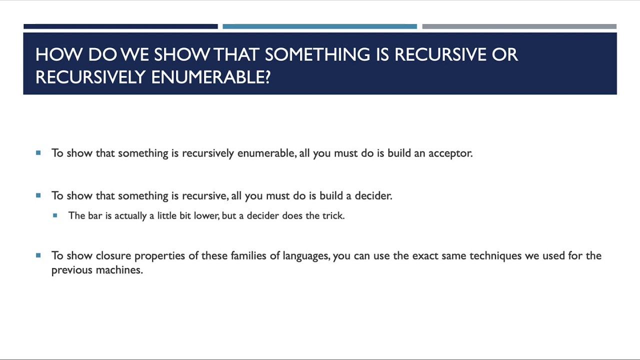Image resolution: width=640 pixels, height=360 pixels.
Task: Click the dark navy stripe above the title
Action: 120,26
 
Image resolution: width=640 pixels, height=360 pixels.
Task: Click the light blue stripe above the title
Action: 319,26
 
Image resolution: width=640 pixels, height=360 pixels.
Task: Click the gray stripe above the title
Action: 519,26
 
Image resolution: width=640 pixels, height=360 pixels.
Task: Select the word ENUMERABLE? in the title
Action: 211,77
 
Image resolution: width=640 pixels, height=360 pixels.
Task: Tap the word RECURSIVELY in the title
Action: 90,77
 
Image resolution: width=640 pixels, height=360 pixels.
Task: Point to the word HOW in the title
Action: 59,54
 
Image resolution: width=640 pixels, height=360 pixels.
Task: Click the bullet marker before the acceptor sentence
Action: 38,153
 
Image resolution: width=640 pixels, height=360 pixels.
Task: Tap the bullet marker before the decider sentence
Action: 38,195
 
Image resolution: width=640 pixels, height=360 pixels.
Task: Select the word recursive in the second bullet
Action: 205,195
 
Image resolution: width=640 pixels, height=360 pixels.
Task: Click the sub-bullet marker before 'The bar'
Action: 55,215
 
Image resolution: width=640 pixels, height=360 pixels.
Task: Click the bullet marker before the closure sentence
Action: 38,255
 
